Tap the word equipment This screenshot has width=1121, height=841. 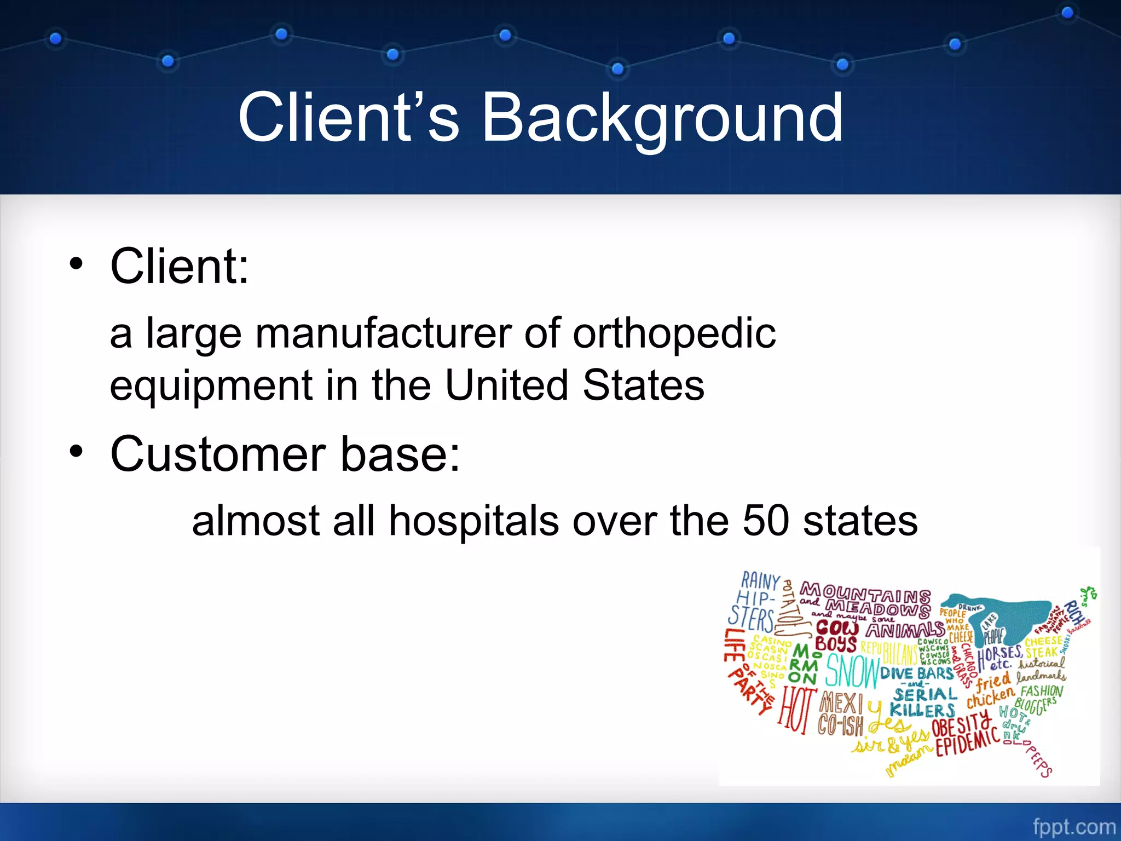click(x=211, y=385)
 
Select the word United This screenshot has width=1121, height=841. click(x=506, y=385)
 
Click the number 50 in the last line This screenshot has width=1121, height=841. click(x=765, y=520)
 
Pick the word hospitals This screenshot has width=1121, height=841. click(x=474, y=520)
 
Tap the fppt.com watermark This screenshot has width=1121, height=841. click(x=1073, y=826)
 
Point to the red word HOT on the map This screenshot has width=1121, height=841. click(x=797, y=710)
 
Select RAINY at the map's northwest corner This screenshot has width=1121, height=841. click(x=760, y=580)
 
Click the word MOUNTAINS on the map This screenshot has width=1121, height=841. click(x=865, y=593)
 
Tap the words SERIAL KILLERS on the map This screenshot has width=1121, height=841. click(x=923, y=702)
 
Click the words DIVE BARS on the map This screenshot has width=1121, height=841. click(x=917, y=673)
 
